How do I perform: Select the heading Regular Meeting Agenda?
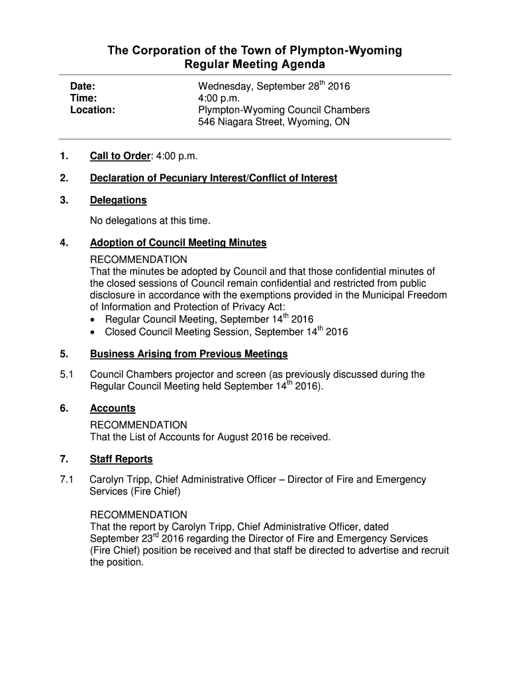(x=254, y=65)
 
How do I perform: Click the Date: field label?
(x=83, y=86)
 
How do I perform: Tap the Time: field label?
(x=83, y=98)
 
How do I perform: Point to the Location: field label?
(x=93, y=110)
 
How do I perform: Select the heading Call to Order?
(x=121, y=156)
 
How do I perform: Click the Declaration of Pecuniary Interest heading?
(x=213, y=178)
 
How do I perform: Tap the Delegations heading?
(x=118, y=200)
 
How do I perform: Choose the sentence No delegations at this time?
(x=150, y=220)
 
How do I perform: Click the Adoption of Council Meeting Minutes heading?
(x=178, y=243)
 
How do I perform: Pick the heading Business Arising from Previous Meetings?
(x=189, y=354)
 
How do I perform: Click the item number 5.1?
(x=66, y=375)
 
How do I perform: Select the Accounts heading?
(x=113, y=409)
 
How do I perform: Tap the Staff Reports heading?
(x=121, y=459)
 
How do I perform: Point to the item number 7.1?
(x=66, y=479)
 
